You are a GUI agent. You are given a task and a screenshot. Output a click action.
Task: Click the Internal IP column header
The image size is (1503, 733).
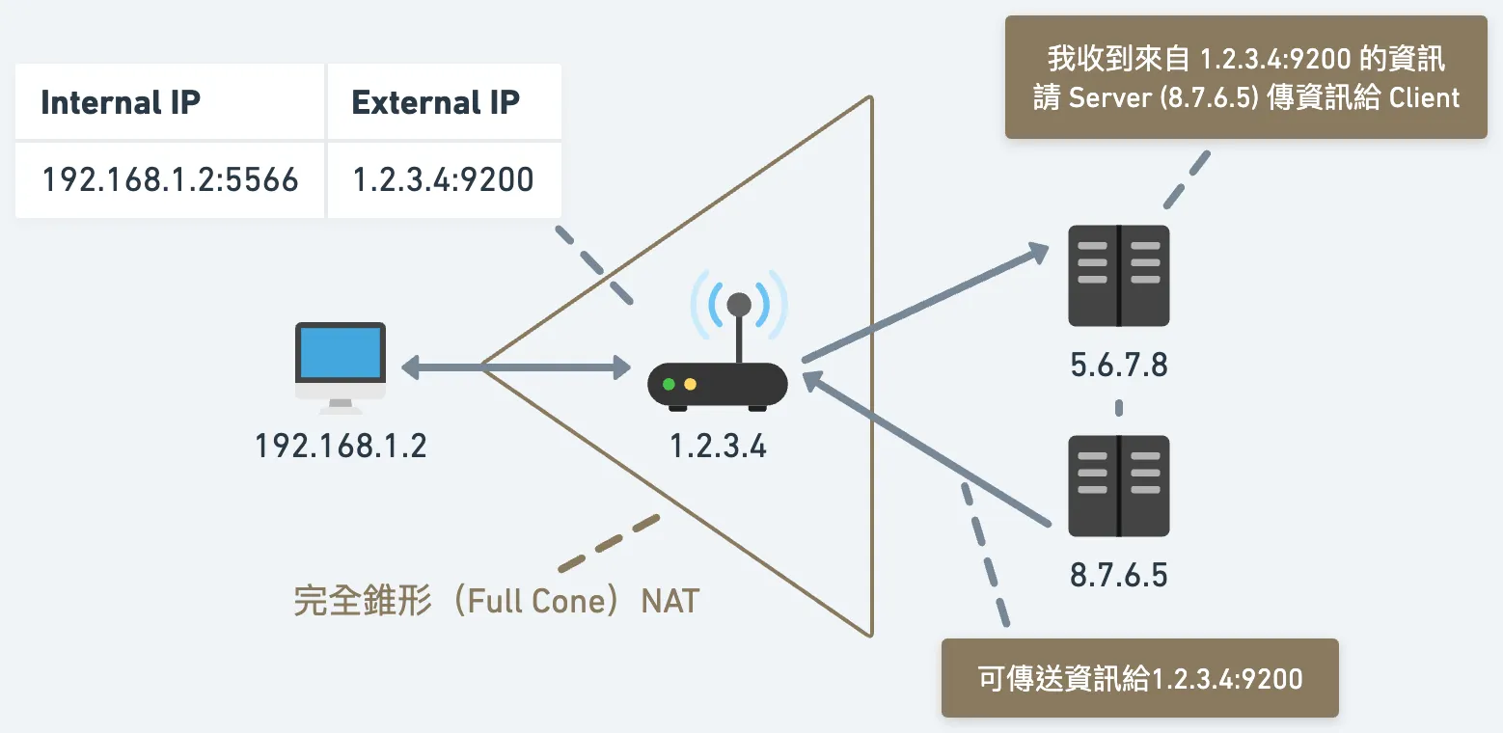121,102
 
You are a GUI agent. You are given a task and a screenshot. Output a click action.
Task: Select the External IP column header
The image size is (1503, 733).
435,102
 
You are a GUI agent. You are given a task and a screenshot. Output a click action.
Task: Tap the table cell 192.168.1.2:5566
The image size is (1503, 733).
170,179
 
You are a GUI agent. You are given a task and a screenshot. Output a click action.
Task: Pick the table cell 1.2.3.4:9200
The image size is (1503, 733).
443,179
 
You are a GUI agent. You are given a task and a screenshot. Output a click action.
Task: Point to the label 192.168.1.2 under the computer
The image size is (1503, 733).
341,446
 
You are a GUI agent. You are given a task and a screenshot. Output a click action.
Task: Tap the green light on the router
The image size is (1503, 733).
669,384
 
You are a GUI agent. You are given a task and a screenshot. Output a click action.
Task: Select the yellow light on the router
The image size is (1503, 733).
691,384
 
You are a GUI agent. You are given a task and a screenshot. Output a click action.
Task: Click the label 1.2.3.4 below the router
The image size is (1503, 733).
718,446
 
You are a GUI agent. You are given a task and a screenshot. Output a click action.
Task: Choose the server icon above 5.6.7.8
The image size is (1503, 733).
1118,276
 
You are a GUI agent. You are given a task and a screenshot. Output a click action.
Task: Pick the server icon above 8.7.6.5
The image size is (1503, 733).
1118,486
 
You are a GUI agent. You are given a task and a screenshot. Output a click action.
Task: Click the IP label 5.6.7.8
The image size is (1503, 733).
1118,366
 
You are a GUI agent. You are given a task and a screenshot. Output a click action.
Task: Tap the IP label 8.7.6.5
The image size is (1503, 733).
1118,576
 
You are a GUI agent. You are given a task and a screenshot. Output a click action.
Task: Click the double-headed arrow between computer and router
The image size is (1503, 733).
515,366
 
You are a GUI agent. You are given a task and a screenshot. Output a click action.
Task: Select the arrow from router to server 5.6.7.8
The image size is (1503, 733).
926,303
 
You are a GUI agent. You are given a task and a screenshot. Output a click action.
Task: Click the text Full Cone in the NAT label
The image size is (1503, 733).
535,601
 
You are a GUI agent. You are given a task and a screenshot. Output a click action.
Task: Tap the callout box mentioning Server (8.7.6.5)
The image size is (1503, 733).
1245,77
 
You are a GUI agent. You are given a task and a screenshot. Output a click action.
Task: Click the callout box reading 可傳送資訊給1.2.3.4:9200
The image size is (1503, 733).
1139,678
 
